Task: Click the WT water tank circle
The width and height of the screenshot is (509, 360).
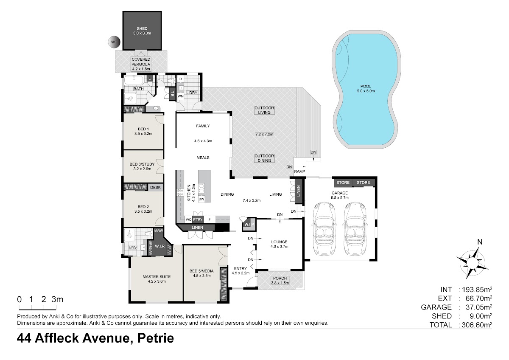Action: tap(114, 42)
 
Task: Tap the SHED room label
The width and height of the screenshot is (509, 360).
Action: tap(142, 28)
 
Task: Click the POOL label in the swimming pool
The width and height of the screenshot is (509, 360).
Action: tap(366, 87)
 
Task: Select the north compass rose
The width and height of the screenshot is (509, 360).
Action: tap(472, 261)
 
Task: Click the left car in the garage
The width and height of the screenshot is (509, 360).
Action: tap(324, 228)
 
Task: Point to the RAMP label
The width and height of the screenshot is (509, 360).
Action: tap(299, 172)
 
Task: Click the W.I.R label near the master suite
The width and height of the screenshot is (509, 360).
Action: tap(160, 246)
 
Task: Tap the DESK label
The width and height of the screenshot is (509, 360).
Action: tap(155, 187)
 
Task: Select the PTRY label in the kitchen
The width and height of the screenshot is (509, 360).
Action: tap(198, 219)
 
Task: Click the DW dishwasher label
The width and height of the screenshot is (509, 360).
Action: tap(201, 199)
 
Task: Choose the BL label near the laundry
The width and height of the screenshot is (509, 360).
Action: tap(173, 93)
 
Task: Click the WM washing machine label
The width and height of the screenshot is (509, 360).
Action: tap(180, 96)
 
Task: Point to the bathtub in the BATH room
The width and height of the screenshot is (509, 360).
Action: tap(134, 80)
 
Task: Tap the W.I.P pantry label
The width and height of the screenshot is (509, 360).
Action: tap(249, 225)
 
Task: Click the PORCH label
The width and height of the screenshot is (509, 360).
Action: tap(280, 278)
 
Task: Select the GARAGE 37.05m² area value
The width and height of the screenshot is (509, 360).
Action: tap(479, 307)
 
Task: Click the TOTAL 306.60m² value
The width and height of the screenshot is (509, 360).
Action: tap(477, 325)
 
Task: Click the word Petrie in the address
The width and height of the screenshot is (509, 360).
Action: tap(156, 338)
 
